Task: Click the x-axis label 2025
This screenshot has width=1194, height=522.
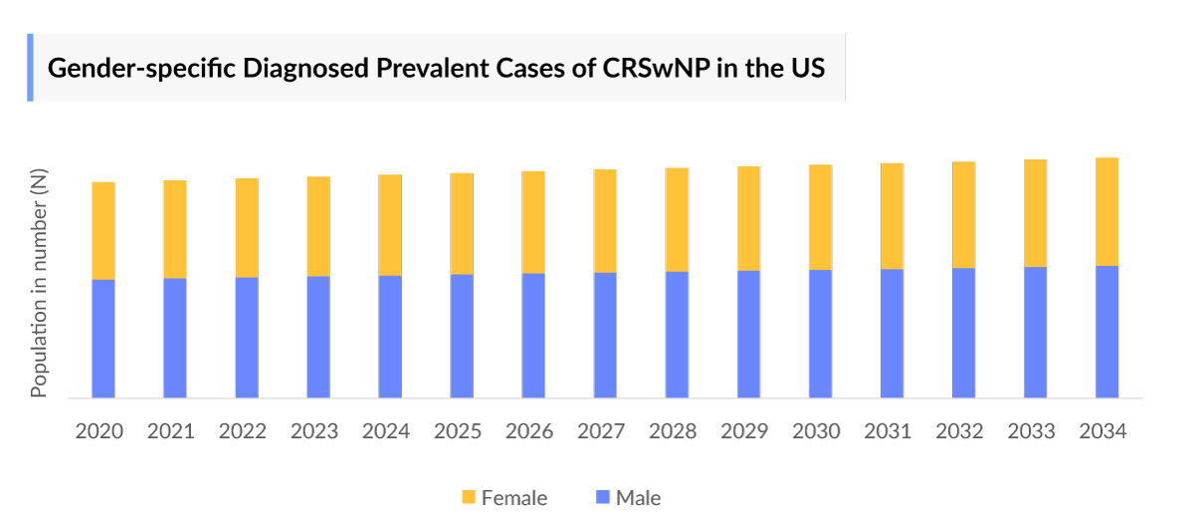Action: tap(458, 431)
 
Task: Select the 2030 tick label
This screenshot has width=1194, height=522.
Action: tap(816, 431)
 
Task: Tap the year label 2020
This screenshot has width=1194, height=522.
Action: tap(99, 431)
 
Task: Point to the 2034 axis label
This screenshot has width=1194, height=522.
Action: tap(1102, 431)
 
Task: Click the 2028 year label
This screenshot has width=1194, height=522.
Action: tap(673, 431)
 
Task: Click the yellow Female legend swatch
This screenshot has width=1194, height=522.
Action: tap(469, 497)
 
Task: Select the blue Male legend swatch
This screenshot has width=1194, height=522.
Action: tap(602, 497)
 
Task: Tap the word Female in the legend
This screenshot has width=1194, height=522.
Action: tap(513, 497)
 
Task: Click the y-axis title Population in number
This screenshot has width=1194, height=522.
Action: tap(40, 283)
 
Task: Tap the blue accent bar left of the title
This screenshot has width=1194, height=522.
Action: tap(30, 67)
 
